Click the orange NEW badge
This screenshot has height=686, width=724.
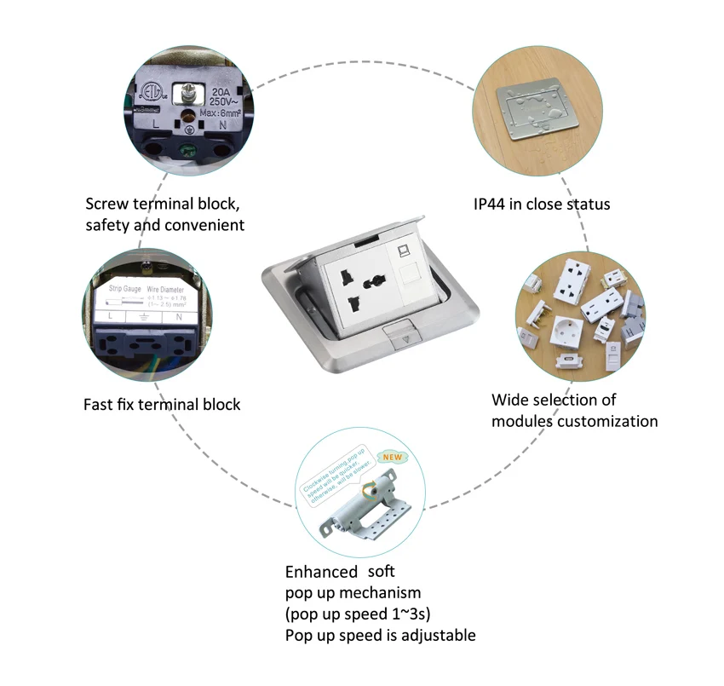(390, 457)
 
